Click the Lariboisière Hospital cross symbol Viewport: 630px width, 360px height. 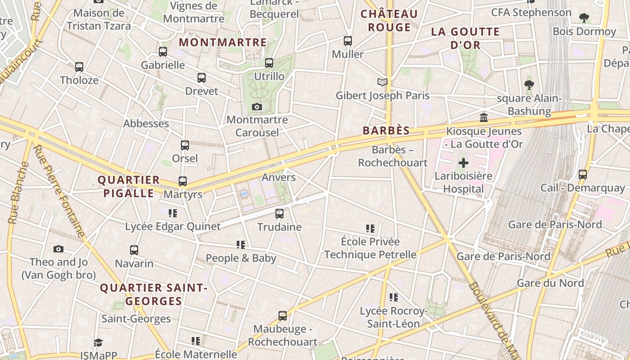tap(463, 163)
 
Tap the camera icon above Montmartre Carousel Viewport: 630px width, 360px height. tap(257, 107)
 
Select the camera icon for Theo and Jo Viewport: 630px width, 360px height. tap(58, 249)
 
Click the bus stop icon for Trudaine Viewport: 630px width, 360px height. tap(279, 214)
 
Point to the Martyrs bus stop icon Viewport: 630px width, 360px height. tap(182, 181)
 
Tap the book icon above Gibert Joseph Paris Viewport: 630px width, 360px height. tap(382, 82)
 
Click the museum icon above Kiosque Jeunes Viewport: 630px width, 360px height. tap(484, 118)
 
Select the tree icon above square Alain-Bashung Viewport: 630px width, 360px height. tap(529, 85)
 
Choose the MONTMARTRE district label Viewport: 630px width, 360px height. tap(223, 43)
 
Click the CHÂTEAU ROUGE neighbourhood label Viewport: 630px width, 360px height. tap(389, 21)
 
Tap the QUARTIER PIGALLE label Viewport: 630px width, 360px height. tap(129, 187)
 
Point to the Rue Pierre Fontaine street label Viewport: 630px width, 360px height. tap(59, 191)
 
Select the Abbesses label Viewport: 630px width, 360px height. tap(146, 123)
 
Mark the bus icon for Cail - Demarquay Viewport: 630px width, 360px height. tap(583, 174)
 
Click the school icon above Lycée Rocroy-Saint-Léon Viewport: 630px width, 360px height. tap(394, 297)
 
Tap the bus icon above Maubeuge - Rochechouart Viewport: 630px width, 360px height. tap(283, 316)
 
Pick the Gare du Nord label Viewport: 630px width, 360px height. tap(550, 283)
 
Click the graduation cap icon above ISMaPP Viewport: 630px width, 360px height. tap(99, 343)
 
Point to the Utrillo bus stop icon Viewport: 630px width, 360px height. tap(269, 63)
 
